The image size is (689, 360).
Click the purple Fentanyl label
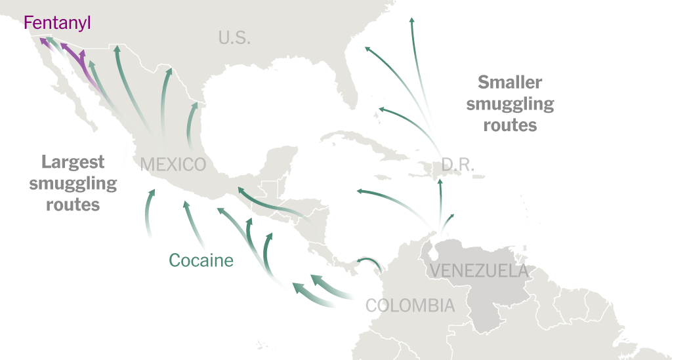(x=57, y=23)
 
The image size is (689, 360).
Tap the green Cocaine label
(x=201, y=260)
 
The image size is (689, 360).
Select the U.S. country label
(x=234, y=38)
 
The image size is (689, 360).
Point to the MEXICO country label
(x=173, y=164)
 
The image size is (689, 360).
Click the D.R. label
(x=457, y=165)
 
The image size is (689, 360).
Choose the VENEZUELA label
(x=478, y=270)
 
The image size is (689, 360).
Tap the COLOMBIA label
(x=409, y=306)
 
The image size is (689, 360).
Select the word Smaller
(x=510, y=83)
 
